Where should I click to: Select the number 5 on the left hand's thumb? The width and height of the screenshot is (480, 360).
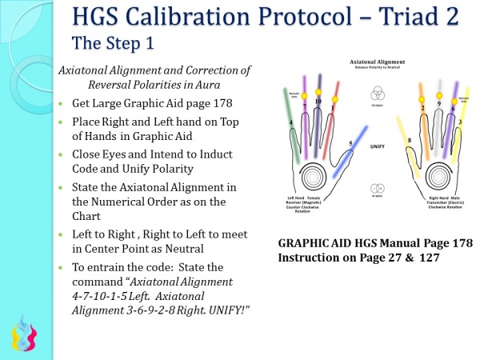[x=350, y=144]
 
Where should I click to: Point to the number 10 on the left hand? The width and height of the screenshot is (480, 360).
[x=318, y=102]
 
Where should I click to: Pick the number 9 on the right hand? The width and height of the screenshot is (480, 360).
[x=438, y=103]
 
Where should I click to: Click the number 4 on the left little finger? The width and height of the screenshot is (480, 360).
[x=290, y=122]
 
